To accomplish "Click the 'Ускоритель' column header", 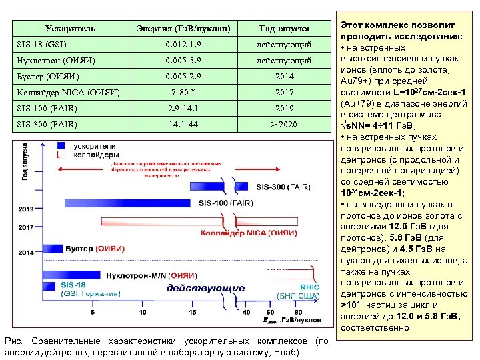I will pyautogui.click(x=69, y=28).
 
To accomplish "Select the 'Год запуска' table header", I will pyautogui.click(x=284, y=28).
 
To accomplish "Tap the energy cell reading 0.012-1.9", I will pyautogui.click(x=183, y=44).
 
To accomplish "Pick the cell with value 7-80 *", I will pyautogui.click(x=183, y=92).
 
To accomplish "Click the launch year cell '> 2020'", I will pyautogui.click(x=284, y=124).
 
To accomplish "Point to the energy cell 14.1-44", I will pyautogui.click(x=183, y=124).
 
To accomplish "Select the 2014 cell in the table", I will pyautogui.click(x=284, y=76).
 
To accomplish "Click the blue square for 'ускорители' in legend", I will pyautogui.click(x=61, y=145).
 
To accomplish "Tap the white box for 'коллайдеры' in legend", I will pyautogui.click(x=61, y=154).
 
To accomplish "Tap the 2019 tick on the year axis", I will pyautogui.click(x=25, y=209).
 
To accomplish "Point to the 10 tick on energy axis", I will pyautogui.click(x=155, y=312).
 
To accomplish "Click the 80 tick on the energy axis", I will pyautogui.click(x=298, y=312).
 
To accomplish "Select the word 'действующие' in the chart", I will pyautogui.click(x=205, y=289).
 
